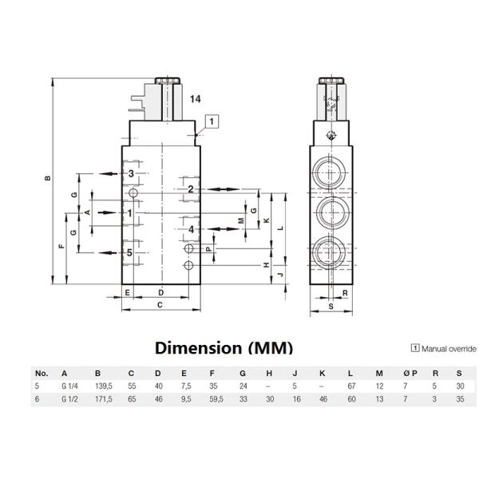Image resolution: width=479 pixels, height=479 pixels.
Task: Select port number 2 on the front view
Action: [192, 189]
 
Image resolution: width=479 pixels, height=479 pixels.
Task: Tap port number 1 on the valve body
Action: [129, 213]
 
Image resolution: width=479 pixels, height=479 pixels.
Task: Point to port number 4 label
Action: [192, 230]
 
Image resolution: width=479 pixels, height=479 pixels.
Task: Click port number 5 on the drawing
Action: [130, 253]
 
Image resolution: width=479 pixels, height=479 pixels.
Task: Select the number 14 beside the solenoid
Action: [196, 98]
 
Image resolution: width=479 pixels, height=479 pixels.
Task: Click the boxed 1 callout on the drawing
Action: [211, 121]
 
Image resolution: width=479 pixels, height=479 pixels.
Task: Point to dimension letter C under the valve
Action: [160, 305]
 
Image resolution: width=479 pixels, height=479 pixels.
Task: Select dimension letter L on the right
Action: [279, 228]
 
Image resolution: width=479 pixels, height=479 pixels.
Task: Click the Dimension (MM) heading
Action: [224, 348]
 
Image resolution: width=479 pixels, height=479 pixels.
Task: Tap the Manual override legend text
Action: [448, 349]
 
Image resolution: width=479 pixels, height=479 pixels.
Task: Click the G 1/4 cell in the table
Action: [69, 387]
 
